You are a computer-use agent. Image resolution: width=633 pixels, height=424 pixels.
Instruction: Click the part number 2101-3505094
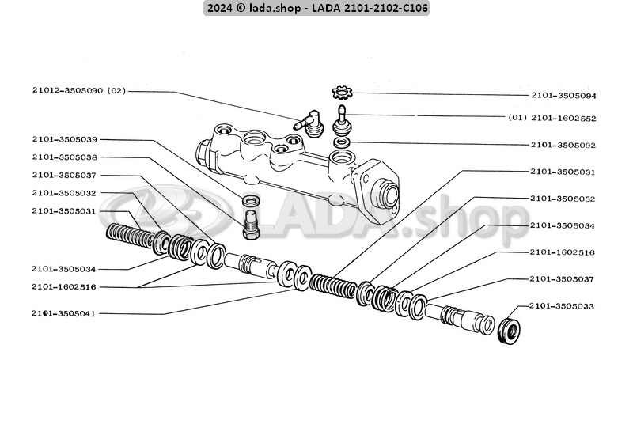tap(563, 95)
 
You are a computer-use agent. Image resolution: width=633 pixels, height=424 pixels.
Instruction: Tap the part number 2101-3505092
tap(563, 146)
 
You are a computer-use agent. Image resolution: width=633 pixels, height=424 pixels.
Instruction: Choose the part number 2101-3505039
tap(64, 139)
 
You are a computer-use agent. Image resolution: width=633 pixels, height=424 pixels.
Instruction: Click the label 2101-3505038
tap(64, 157)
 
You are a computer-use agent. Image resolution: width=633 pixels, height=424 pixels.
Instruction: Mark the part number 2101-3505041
tap(64, 313)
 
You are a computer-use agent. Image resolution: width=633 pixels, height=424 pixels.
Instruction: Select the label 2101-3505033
tap(563, 305)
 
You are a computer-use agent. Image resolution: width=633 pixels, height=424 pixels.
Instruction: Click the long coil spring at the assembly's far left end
tap(131, 234)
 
